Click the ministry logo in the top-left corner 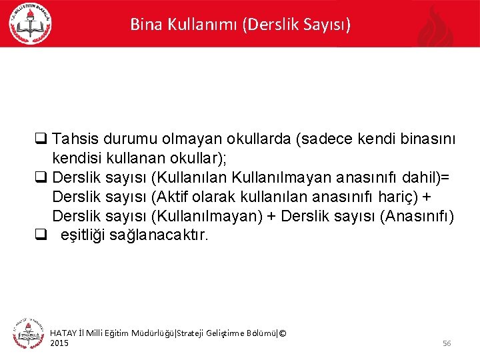pyautogui.click(x=30, y=23)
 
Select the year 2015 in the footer pyautogui.click(x=59, y=343)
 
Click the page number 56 pyautogui.click(x=447, y=343)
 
